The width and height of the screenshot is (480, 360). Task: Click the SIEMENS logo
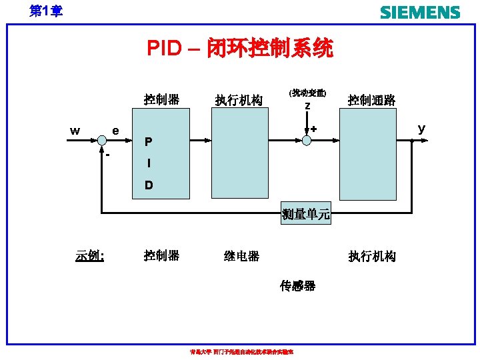420,12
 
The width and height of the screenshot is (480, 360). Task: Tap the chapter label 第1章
46,11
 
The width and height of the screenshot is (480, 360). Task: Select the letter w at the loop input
75,131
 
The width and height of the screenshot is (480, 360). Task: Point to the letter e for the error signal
116,131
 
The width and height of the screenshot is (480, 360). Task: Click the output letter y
421,128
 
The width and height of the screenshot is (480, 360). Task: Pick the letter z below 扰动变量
307,106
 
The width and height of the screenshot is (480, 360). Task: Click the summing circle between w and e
101,140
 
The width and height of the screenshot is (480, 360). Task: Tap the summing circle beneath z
307,140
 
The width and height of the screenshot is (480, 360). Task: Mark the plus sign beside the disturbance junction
313,128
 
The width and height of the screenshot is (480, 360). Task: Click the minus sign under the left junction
107,155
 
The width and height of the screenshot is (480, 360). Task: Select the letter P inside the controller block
148,142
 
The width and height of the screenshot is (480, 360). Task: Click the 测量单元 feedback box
306,214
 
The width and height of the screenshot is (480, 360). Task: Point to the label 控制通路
371,100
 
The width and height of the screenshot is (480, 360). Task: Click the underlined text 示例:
93,255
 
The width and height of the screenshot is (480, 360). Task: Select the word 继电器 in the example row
242,256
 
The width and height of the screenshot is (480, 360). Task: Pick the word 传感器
297,286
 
